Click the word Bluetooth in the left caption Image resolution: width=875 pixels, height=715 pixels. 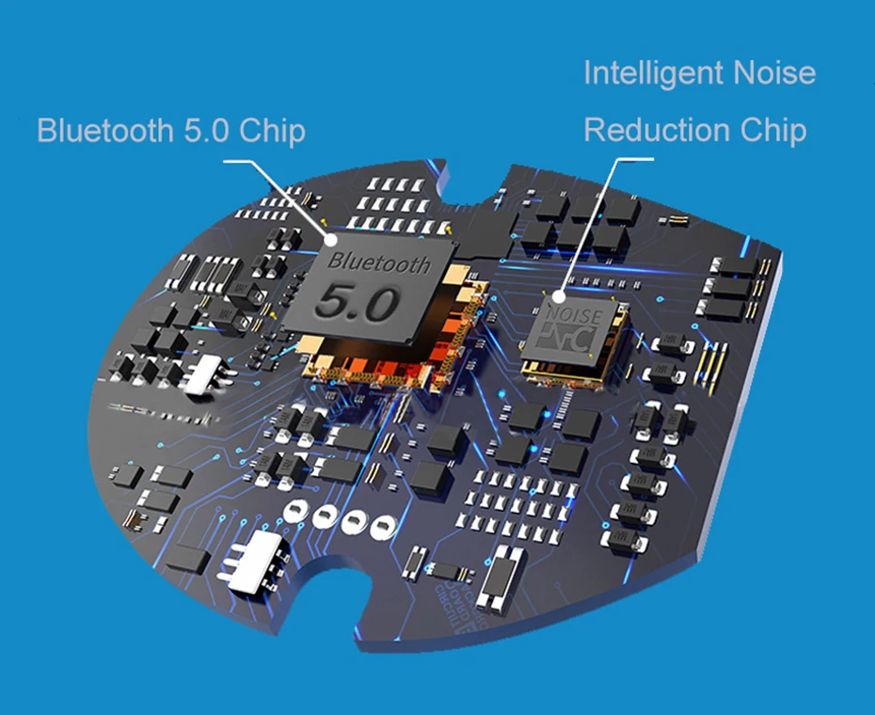coord(102,130)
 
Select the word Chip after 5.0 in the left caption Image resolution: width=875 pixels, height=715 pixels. coord(272,130)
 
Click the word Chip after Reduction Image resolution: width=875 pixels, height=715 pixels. coord(772,130)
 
